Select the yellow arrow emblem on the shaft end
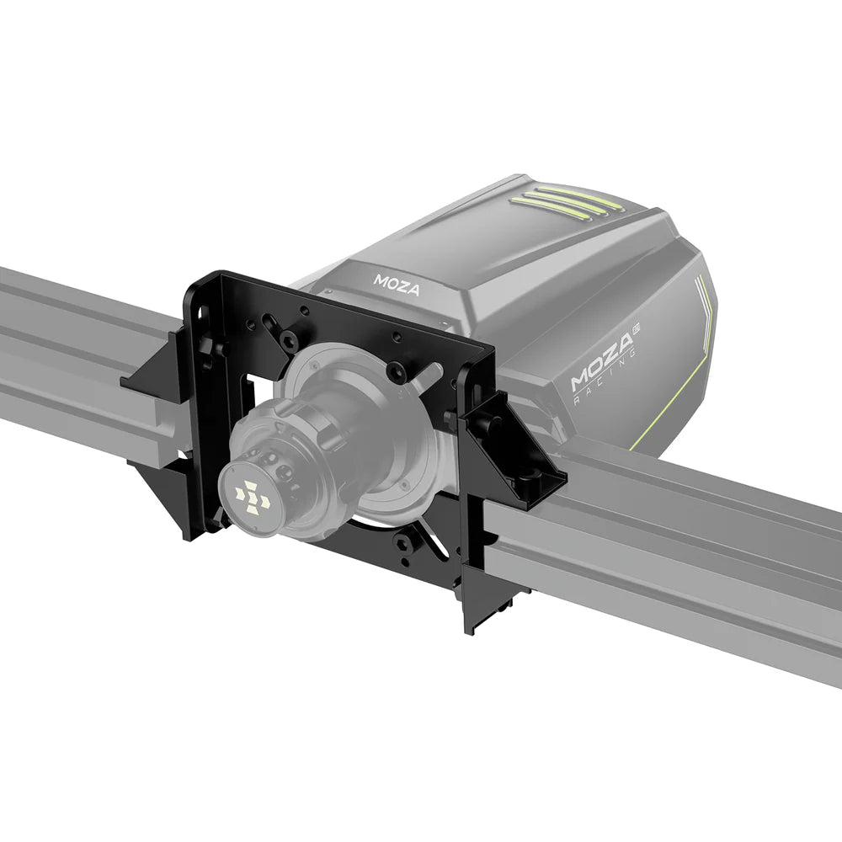pos(253,498)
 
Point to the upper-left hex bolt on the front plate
pos(289,340)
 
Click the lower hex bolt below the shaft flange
pos(404,542)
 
